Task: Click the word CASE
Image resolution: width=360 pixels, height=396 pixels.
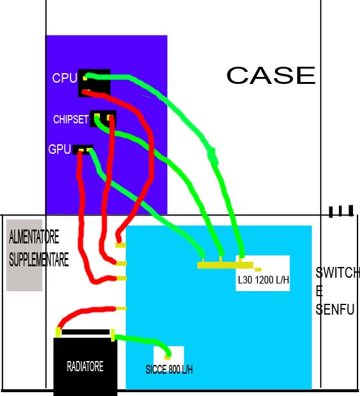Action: [x=271, y=75]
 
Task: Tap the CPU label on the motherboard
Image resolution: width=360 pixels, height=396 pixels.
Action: [x=65, y=78]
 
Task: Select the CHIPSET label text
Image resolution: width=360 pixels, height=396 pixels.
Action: [x=71, y=119]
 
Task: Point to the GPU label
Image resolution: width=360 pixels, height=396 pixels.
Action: [x=60, y=149]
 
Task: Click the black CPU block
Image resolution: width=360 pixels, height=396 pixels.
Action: [x=94, y=83]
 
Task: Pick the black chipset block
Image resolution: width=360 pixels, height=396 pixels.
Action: [x=103, y=119]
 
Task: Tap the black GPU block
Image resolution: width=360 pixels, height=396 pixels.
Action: [x=83, y=150]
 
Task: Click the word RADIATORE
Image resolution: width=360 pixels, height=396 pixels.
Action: [x=85, y=366]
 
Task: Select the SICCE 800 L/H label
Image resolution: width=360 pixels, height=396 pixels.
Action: [x=169, y=370]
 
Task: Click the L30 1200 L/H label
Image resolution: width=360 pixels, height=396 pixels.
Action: [x=263, y=280]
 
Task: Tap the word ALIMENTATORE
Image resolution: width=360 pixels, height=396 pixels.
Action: [x=34, y=236]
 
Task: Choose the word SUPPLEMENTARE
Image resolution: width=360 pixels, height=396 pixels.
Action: [x=39, y=259]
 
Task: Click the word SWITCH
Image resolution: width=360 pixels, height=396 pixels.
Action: [x=338, y=272]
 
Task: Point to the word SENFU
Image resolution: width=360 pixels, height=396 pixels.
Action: [x=335, y=310]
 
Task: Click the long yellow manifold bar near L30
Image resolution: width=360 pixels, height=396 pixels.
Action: [x=225, y=265]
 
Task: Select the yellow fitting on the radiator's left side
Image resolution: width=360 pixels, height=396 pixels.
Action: [x=58, y=332]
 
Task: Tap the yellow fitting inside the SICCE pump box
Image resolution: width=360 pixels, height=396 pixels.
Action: [x=167, y=357]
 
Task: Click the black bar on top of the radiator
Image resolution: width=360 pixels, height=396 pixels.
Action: [x=86, y=332]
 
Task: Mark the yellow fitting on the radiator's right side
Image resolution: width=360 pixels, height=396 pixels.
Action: [x=113, y=336]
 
